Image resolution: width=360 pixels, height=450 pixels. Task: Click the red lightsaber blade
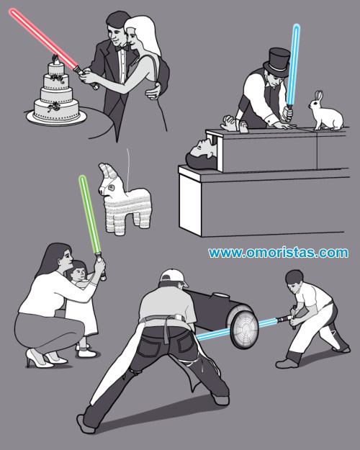click(43, 38)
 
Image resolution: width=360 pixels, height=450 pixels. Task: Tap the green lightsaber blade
click(89, 214)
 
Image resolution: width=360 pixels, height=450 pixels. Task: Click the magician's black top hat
click(277, 62)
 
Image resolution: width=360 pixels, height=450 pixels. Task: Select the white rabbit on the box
click(326, 112)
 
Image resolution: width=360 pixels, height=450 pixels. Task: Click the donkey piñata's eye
click(111, 188)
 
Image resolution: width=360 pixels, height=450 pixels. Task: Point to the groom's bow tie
click(122, 48)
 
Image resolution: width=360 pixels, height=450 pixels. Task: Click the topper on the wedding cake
click(56, 60)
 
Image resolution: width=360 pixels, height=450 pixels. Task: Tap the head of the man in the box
click(199, 154)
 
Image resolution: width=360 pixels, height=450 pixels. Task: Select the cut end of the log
click(244, 330)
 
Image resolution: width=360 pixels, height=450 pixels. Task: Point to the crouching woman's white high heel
click(39, 358)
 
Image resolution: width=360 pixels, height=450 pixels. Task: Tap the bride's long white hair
click(146, 35)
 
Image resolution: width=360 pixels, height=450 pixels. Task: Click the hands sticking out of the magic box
click(235, 124)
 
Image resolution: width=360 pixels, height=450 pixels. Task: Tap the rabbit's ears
click(319, 96)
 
